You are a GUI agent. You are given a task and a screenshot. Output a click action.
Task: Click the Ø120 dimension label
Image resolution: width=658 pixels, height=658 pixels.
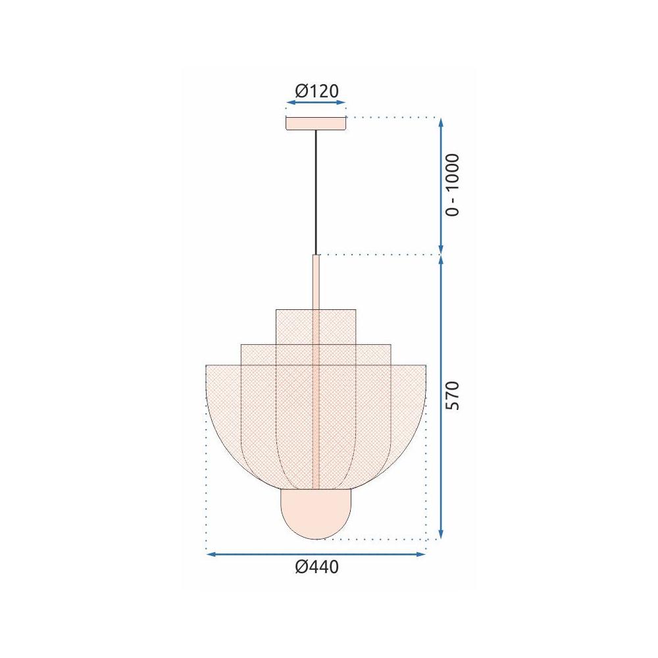coord(316,91)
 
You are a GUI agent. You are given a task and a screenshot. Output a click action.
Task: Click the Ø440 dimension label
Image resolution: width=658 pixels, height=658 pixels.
coord(316,567)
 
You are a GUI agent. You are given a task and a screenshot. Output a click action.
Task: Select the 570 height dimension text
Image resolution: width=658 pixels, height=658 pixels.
coord(453,395)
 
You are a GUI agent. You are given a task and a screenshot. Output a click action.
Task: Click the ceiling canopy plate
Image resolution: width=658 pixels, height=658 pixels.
coord(316,123)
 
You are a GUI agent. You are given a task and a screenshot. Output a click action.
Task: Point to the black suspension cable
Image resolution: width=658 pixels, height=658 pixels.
coord(316,191)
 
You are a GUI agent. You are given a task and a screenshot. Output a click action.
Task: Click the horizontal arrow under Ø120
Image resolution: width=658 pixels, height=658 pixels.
coord(316,103)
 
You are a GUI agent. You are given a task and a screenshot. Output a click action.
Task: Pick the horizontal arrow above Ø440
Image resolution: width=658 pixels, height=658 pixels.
coord(316,555)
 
